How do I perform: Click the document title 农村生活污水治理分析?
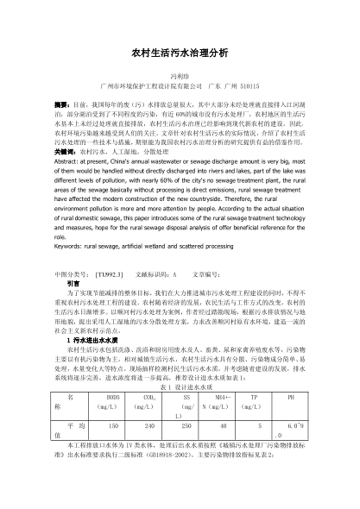[180, 53]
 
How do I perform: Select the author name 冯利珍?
[180, 75]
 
